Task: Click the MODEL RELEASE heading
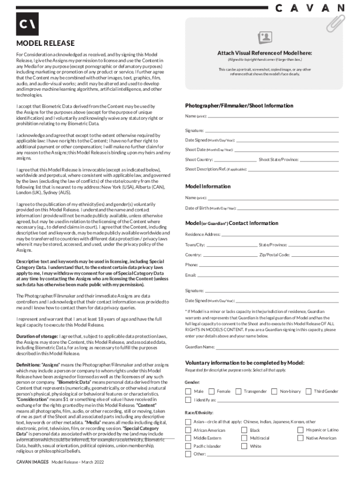pos(45,44)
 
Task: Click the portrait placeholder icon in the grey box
pos(265,38)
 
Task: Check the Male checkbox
pos(188,391)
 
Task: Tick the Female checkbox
pos(211,391)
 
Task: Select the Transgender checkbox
pos(238,391)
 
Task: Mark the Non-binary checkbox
pos(274,391)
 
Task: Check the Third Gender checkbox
pos(308,391)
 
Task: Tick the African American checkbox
pos(188,430)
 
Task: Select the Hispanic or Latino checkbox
pos(301,430)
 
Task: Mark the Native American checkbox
pos(301,438)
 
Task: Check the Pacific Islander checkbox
pos(188,446)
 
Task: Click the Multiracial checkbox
pos(245,438)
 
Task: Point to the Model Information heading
pos(208,186)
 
